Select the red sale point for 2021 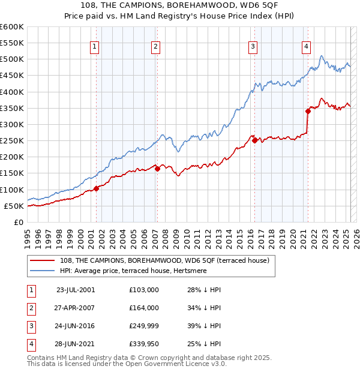(308, 110)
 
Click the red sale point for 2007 (157, 169)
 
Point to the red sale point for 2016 (254, 140)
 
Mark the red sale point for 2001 (96, 188)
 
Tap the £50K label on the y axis (14, 206)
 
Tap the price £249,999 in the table (144, 326)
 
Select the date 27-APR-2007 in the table (74, 308)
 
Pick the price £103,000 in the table (144, 290)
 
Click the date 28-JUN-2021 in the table (74, 344)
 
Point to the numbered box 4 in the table (30, 344)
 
